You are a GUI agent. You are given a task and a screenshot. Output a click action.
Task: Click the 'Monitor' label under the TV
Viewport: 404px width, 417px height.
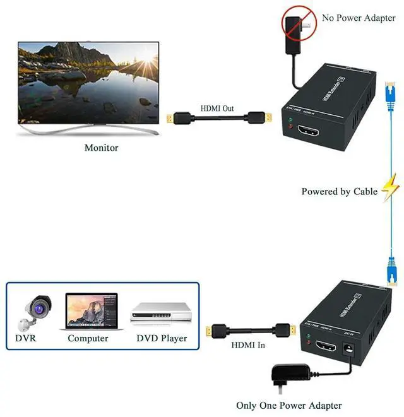(x=101, y=148)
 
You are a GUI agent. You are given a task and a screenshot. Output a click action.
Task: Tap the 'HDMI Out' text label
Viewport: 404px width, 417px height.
(x=217, y=109)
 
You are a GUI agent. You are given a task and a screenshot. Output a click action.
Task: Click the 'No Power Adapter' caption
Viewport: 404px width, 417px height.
(x=358, y=18)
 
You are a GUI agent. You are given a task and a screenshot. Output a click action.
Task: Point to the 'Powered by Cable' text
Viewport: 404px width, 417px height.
(x=339, y=191)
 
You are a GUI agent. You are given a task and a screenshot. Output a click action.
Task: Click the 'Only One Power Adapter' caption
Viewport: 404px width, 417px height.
(x=288, y=406)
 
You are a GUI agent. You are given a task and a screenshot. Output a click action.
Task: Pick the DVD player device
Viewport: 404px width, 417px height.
(x=160, y=312)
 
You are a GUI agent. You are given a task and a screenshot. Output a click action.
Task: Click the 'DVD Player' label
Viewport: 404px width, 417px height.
(x=162, y=338)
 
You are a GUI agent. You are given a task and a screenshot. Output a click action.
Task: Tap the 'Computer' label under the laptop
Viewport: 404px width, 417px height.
(x=88, y=338)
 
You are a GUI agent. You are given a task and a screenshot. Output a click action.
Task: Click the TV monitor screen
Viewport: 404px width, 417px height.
(x=88, y=82)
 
